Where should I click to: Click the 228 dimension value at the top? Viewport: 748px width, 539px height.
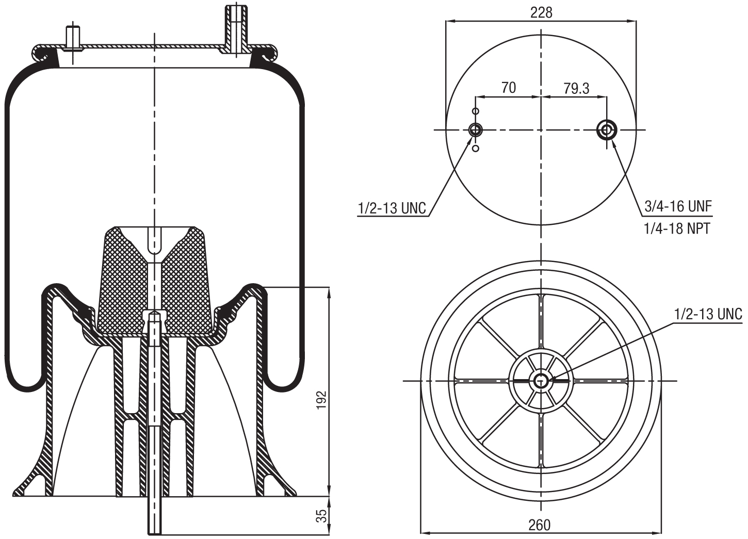tap(541, 12)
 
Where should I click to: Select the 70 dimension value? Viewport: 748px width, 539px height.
tap(508, 88)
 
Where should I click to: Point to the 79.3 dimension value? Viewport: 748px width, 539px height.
tap(576, 88)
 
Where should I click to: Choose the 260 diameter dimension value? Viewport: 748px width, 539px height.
tap(539, 525)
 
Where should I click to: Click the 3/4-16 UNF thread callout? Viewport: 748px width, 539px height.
tap(678, 207)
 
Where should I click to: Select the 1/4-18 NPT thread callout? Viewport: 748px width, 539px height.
tap(677, 228)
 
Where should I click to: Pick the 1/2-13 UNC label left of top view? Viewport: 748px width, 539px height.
tap(392, 208)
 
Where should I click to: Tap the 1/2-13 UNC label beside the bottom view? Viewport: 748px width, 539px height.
tap(708, 314)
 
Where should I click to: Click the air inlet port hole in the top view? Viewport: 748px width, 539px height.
tap(606, 130)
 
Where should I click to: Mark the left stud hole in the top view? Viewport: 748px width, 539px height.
tap(476, 130)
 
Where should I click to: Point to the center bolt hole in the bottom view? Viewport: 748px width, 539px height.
tap(541, 381)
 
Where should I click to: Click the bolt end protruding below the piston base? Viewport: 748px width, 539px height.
tap(155, 516)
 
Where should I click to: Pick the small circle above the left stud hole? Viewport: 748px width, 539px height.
tap(476, 111)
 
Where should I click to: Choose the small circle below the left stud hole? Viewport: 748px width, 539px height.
tap(476, 149)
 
